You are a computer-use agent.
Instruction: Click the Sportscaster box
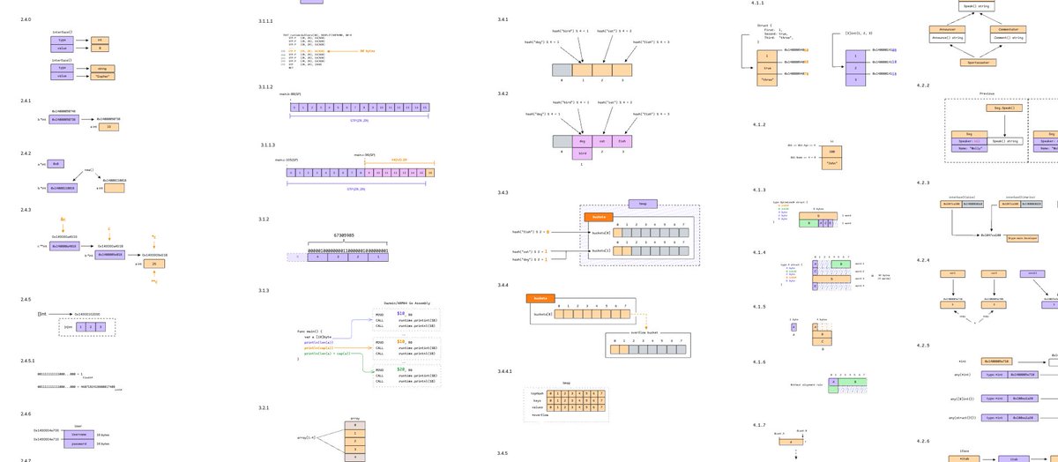(987, 62)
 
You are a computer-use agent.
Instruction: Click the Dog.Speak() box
(1003, 108)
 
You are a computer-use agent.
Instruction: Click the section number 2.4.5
(26, 300)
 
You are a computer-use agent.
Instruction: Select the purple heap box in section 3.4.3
(643, 204)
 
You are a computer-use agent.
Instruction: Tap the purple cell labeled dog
(581, 141)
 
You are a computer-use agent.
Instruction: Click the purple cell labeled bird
(581, 153)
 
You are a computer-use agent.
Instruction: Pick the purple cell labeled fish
(622, 141)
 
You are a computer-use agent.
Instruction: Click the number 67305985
(338, 235)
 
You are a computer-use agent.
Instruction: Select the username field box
(78, 435)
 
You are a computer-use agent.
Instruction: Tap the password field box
(78, 443)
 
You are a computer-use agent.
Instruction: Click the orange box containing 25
(155, 264)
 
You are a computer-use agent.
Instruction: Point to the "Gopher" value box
(102, 76)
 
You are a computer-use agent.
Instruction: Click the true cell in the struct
(767, 67)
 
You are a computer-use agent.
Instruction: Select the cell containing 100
(831, 152)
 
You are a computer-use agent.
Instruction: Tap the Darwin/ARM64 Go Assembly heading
(406, 302)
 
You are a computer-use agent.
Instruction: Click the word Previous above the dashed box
(987, 93)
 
